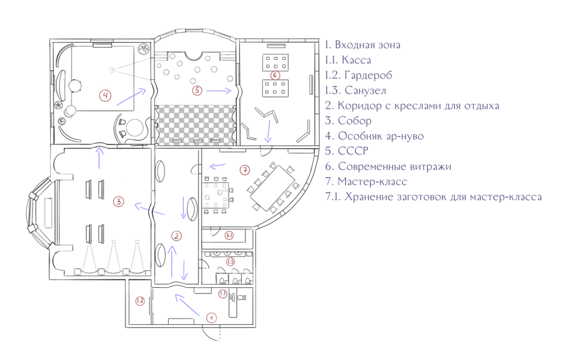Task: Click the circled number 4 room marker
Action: click(105, 95)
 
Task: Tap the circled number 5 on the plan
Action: click(197, 90)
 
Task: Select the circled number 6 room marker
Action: click(274, 75)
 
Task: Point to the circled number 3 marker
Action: click(118, 201)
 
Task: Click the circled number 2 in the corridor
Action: click(176, 236)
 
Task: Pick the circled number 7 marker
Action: click(245, 170)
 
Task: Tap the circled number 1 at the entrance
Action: click(211, 318)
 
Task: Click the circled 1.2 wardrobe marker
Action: click(140, 300)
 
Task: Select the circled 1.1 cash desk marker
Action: click(223, 293)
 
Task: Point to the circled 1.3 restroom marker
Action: click(230, 261)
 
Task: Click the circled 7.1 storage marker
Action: click(229, 236)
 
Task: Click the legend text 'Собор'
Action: click(355, 121)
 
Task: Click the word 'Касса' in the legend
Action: click(356, 60)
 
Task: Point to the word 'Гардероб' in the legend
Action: click(369, 75)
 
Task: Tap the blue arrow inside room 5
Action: click(218, 90)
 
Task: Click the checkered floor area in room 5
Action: click(195, 124)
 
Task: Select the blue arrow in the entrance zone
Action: click(187, 305)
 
